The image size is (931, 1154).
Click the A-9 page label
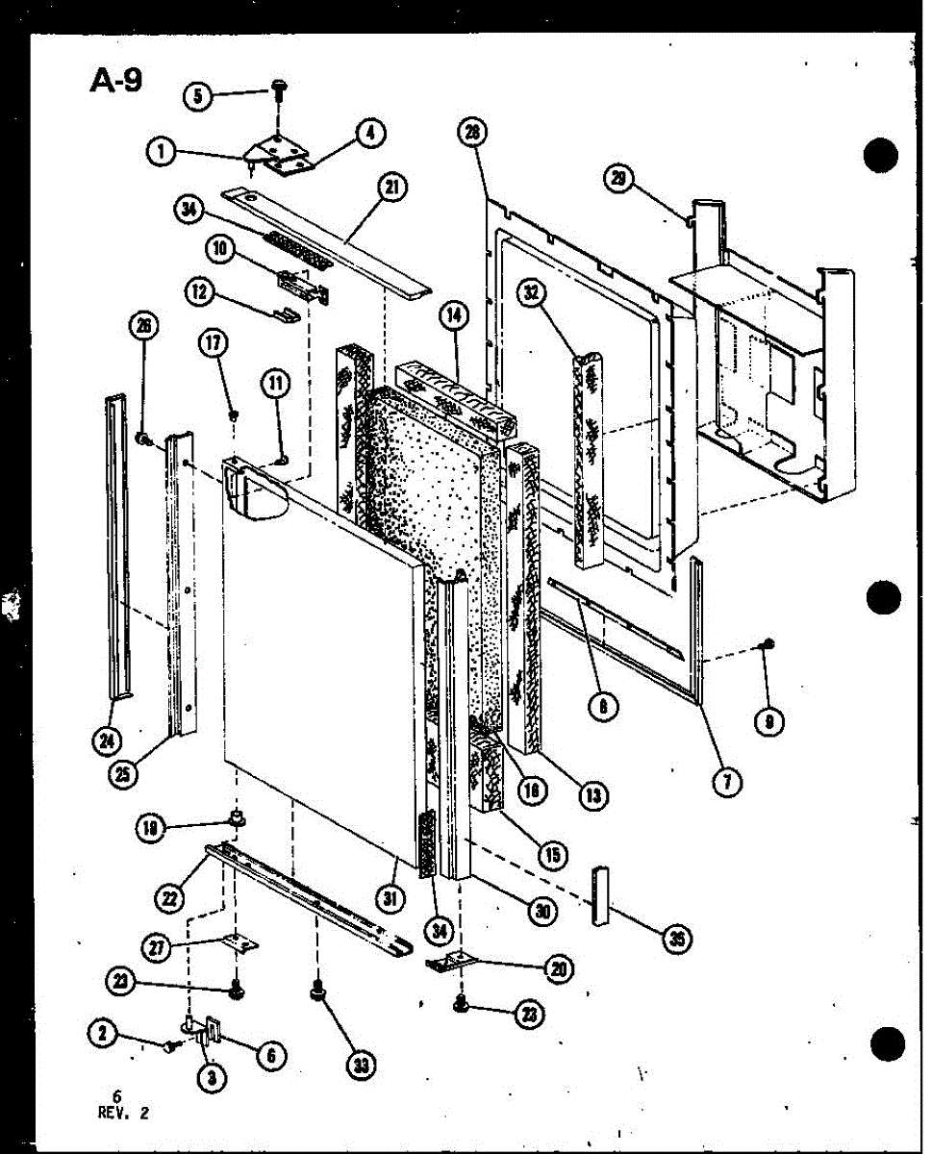point(116,81)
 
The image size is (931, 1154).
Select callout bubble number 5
point(199,96)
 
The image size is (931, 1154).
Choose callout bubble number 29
point(617,177)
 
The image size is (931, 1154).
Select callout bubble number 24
point(105,740)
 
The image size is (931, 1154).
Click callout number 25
point(122,773)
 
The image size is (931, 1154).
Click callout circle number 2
point(102,1034)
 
